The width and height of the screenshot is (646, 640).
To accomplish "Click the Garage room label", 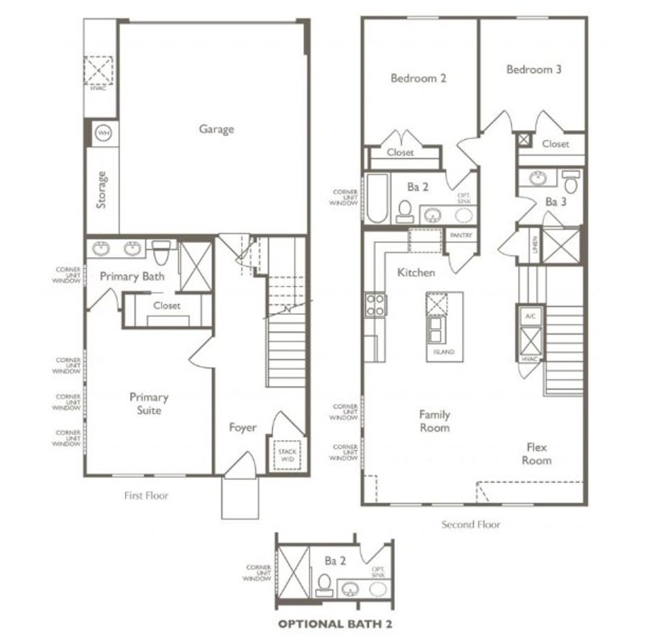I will (x=216, y=129).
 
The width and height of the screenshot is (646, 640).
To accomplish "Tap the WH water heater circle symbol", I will (x=103, y=133).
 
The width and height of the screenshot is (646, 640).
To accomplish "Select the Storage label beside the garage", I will (x=102, y=190).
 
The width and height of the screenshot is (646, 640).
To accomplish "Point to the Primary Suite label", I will (x=149, y=404).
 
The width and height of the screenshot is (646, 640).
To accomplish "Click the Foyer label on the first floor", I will (x=243, y=428).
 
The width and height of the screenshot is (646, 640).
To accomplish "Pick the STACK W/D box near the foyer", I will (x=287, y=456).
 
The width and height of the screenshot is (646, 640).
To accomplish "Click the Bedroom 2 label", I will (x=418, y=78).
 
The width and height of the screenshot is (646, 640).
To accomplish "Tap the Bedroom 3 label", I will (x=533, y=70).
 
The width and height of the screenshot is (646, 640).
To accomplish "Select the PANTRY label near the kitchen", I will (x=461, y=235).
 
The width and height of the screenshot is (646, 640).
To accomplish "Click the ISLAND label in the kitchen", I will (x=444, y=352).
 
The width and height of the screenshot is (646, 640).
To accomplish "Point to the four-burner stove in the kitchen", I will (x=375, y=305).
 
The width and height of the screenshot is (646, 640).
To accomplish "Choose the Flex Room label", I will (x=536, y=454).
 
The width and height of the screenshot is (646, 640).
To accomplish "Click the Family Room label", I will (x=435, y=421).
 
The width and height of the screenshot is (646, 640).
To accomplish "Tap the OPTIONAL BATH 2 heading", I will (x=335, y=624).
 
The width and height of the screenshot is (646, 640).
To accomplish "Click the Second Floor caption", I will (x=471, y=524).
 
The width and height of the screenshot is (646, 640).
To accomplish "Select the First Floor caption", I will (x=146, y=496).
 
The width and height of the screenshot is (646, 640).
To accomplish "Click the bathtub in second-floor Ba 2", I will (x=377, y=199).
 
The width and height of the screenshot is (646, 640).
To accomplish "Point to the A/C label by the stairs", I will (x=529, y=316).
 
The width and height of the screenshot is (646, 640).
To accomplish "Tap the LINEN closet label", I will (x=534, y=245).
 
